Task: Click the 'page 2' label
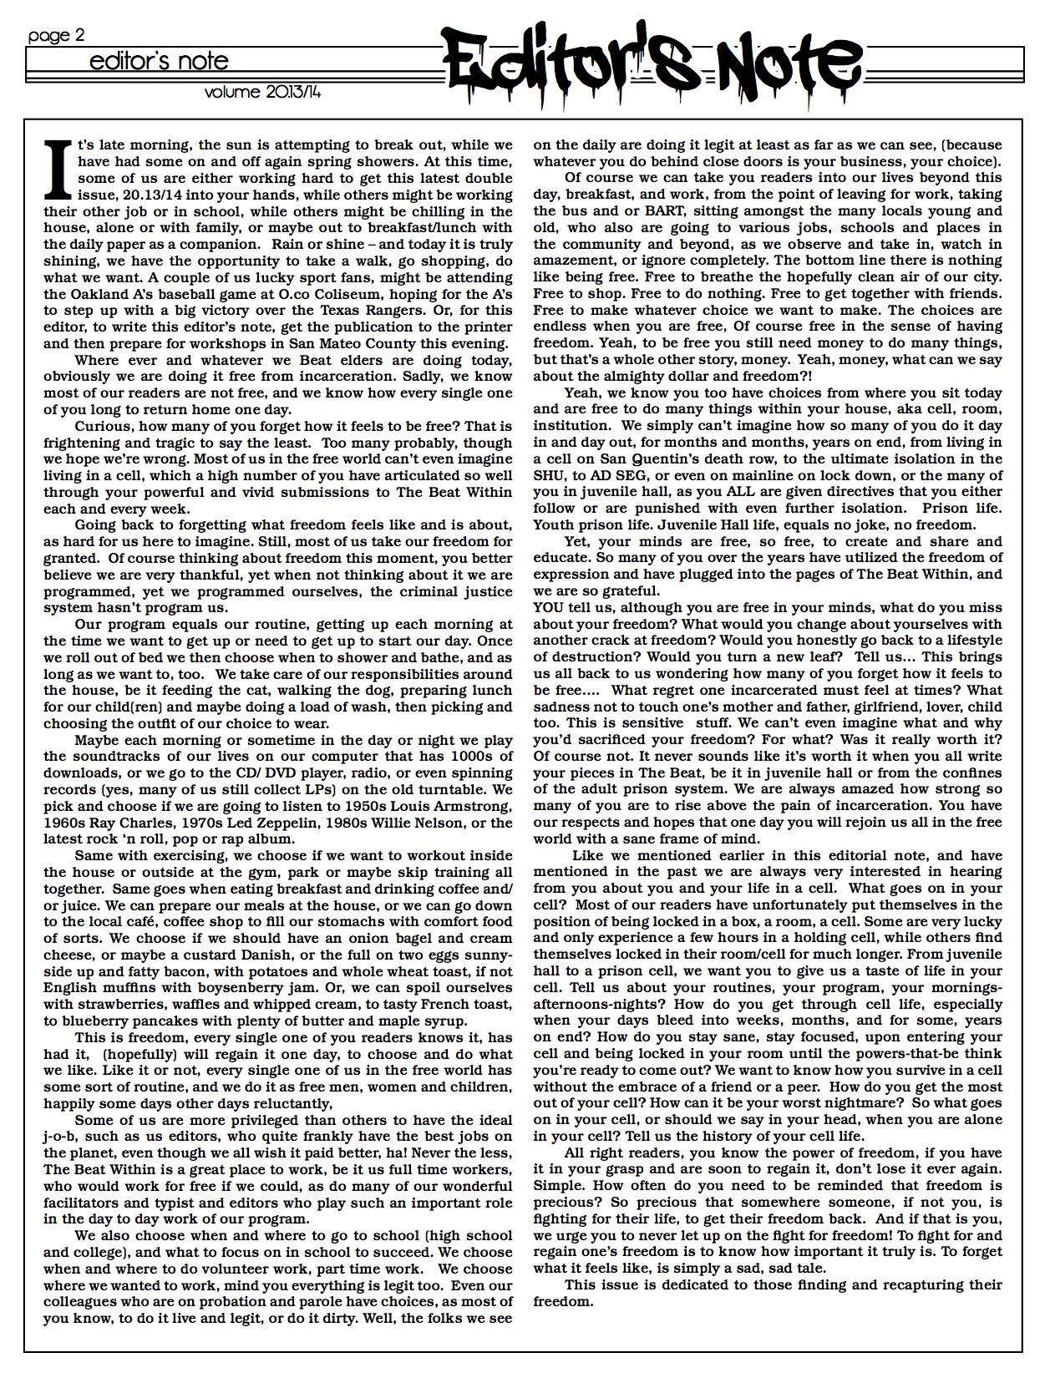coord(56,36)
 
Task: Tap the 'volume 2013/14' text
coord(263,92)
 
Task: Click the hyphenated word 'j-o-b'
coord(62,1137)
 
